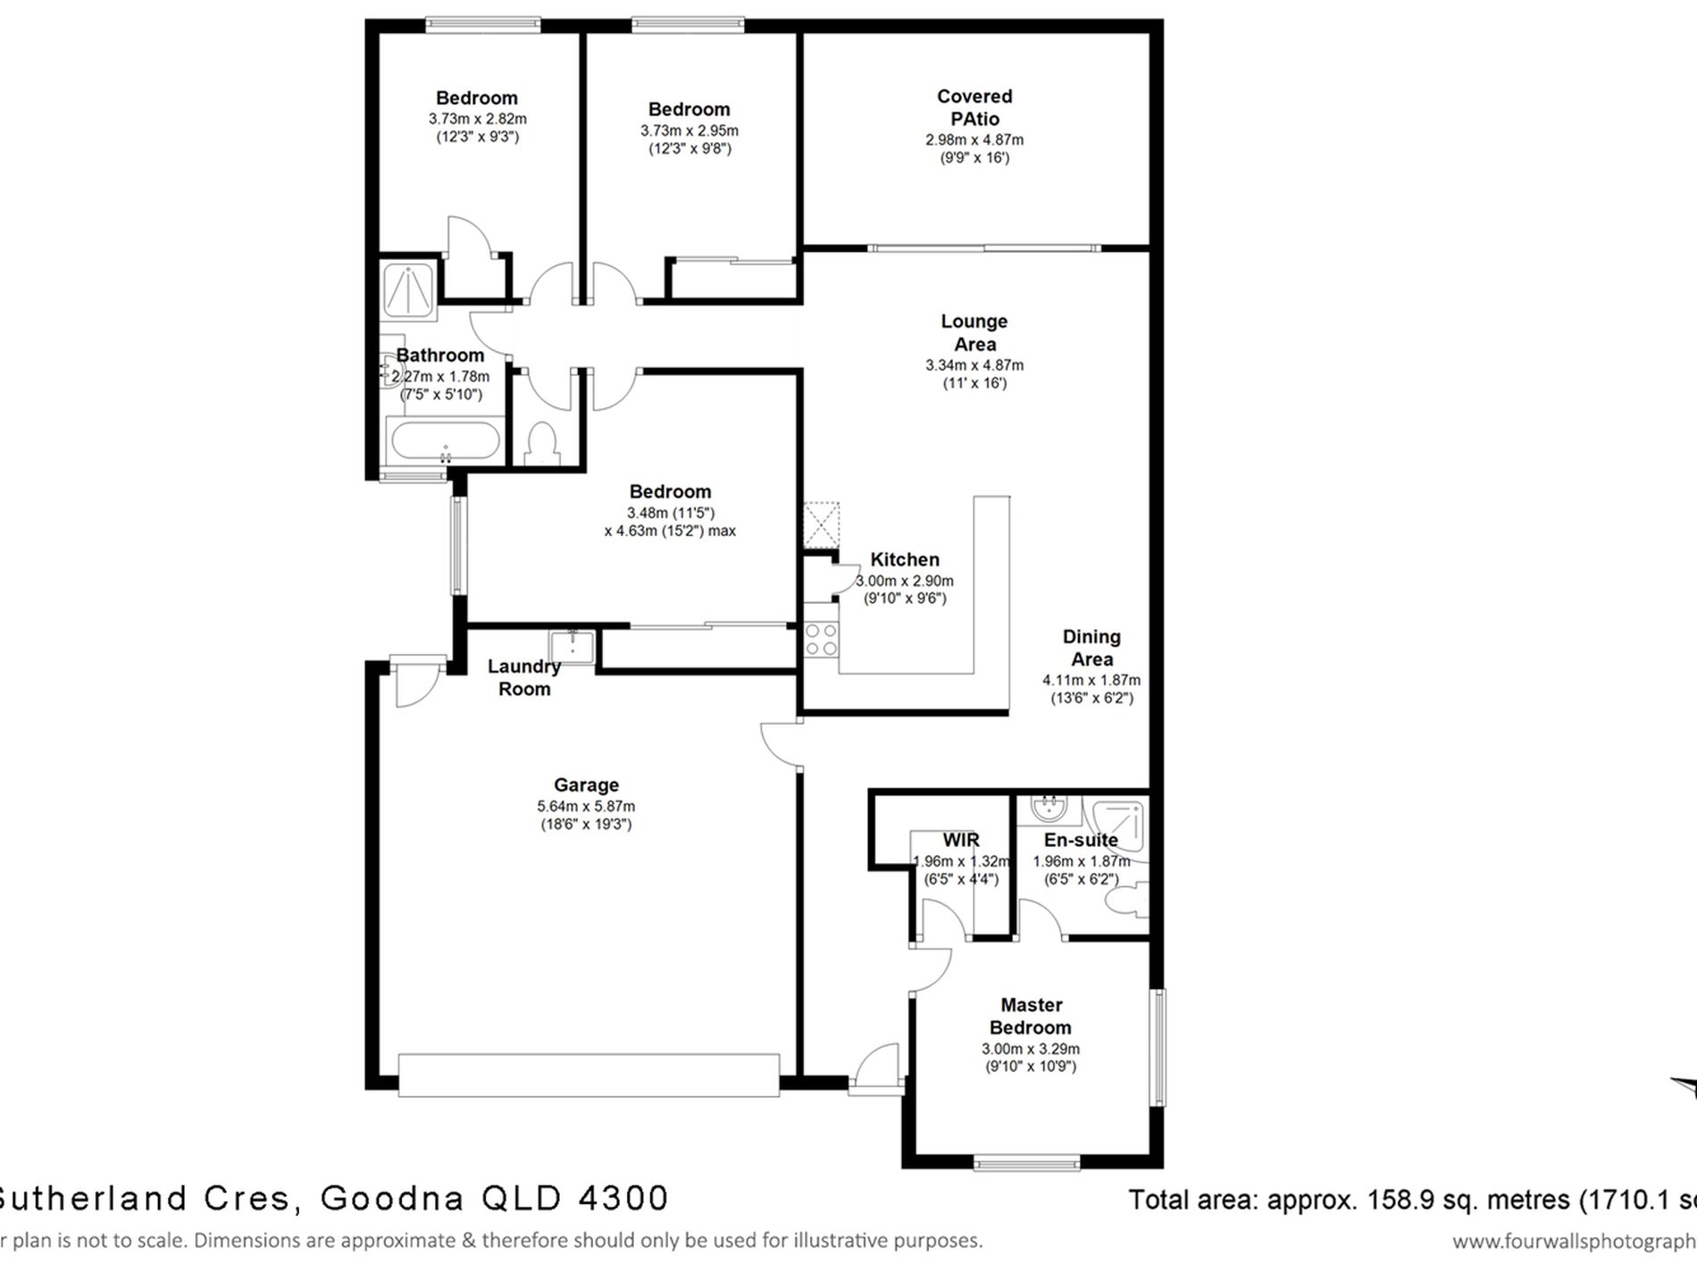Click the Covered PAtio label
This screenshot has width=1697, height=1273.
click(x=974, y=107)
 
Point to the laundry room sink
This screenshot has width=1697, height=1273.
click(x=571, y=645)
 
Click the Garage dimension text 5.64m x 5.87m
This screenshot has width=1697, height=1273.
click(x=586, y=806)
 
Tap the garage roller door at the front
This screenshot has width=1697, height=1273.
click(x=589, y=1075)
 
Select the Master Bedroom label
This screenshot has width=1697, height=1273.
click(x=1031, y=1016)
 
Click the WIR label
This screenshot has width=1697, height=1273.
click(x=961, y=840)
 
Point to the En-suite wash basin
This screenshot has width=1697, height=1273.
click(x=1048, y=810)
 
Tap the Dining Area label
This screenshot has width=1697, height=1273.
click(x=1091, y=648)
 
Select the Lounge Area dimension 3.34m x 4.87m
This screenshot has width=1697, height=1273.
click(x=974, y=365)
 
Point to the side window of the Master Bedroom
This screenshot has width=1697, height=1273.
click(x=1158, y=1046)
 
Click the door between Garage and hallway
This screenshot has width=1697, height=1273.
click(x=781, y=744)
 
